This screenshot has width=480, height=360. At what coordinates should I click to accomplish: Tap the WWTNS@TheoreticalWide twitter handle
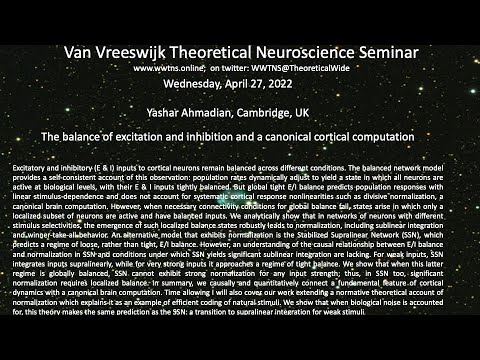tap(308, 67)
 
